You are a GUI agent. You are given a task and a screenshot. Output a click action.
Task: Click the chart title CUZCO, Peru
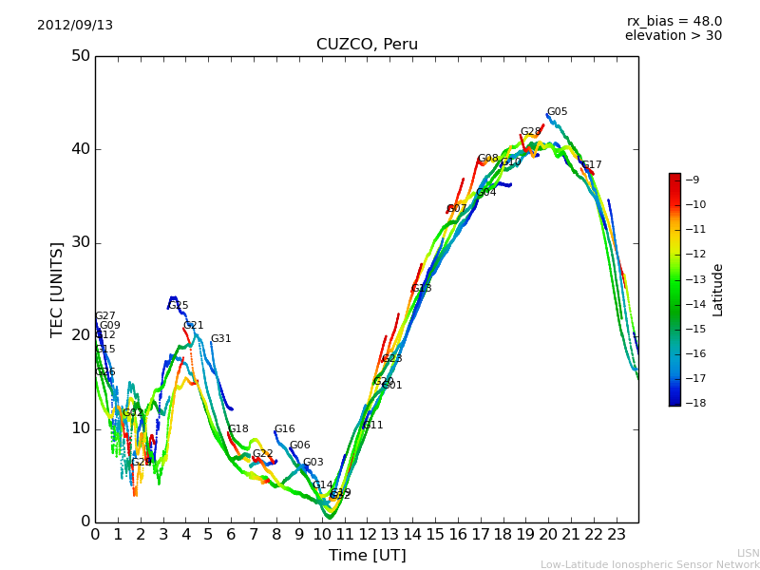(x=367, y=45)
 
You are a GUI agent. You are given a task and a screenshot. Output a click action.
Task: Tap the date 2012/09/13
(x=75, y=26)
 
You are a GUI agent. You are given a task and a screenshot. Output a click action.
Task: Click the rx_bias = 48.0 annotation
(x=674, y=22)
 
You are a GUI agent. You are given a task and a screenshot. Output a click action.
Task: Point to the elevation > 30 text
(x=673, y=36)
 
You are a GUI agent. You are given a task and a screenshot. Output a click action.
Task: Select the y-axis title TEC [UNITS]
(x=58, y=289)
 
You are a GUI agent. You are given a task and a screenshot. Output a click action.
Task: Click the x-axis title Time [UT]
(x=367, y=556)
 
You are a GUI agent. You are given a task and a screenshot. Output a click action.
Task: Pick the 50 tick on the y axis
(x=80, y=56)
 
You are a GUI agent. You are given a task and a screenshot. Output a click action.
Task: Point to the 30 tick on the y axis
(x=80, y=242)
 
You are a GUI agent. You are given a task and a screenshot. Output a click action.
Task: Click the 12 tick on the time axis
(x=367, y=534)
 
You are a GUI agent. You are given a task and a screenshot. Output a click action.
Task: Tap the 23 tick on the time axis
(x=616, y=534)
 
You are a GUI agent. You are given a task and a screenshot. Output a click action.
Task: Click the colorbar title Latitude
(x=718, y=290)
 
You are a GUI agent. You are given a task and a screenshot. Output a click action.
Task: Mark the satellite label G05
(x=557, y=112)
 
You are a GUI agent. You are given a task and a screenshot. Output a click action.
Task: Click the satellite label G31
(x=220, y=339)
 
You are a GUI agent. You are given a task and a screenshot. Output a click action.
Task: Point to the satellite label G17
(x=591, y=165)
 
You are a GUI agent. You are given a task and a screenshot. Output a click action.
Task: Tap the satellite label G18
(x=237, y=429)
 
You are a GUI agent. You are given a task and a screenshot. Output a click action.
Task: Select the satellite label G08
(x=487, y=159)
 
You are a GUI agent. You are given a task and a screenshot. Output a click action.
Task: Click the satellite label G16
(x=284, y=429)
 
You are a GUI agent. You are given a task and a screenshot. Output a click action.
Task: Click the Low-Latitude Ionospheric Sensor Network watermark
(x=650, y=564)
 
